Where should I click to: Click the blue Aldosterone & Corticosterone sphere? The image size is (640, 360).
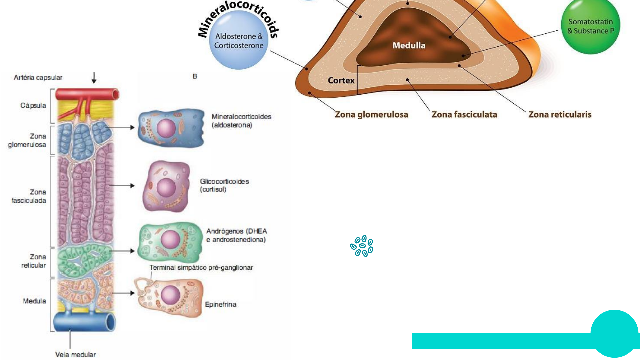tap(239, 40)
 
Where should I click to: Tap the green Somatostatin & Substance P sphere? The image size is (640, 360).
tap(590, 27)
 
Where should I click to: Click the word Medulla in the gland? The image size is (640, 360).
tap(409, 45)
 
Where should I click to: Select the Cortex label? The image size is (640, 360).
tap(341, 80)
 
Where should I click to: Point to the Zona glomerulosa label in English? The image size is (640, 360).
tap(371, 115)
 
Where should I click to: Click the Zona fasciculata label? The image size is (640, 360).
tap(464, 115)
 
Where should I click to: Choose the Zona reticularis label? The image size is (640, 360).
tap(560, 115)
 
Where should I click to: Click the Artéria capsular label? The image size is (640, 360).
tap(38, 78)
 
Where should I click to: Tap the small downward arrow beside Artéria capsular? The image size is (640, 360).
tap(94, 77)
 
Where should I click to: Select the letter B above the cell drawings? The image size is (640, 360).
tap(195, 76)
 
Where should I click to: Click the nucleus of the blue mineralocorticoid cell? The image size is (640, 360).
tap(166, 128)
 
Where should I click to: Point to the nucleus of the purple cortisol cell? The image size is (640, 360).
tap(166, 187)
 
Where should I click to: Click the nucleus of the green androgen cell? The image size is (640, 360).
tap(170, 239)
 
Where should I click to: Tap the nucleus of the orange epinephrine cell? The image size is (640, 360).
tap(170, 295)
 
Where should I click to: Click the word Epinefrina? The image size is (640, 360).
tap(220, 304)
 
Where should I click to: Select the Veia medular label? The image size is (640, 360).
tap(75, 355)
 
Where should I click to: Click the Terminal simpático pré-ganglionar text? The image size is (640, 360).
tap(201, 268)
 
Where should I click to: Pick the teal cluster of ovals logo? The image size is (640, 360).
tap(362, 246)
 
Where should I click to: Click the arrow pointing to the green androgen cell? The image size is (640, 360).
tap(122, 251)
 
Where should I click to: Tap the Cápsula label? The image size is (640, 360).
tap(33, 106)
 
